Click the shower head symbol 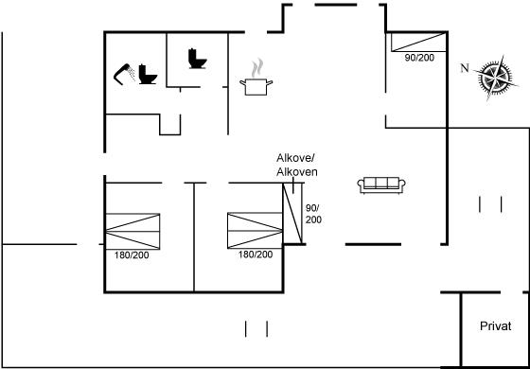(124, 73)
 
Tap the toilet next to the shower (148, 74)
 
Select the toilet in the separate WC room (198, 59)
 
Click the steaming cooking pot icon (256, 78)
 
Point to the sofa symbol (381, 185)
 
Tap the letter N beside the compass (465, 68)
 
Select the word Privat (496, 326)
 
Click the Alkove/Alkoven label (297, 165)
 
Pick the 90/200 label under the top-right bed (419, 58)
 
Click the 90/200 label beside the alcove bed (313, 214)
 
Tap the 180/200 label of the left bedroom (132, 255)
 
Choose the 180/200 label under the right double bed (256, 255)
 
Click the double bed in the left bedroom (132, 232)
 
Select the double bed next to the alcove (255, 231)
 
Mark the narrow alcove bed (292, 213)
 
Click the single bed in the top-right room (418, 42)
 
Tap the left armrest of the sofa (361, 185)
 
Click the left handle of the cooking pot (242, 82)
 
